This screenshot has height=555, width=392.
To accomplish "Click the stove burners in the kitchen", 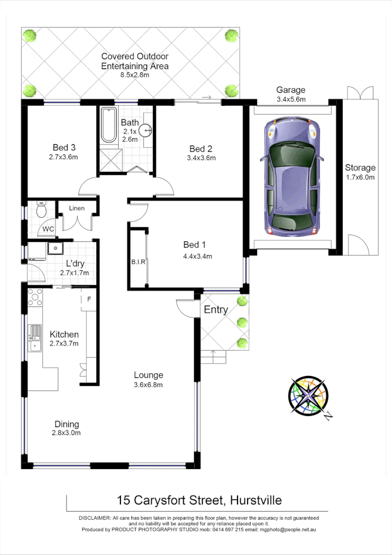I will pyautogui.click(x=35, y=297).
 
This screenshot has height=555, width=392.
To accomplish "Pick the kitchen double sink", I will pyautogui.click(x=35, y=338).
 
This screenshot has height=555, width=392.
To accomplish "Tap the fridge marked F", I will pyautogui.click(x=89, y=300).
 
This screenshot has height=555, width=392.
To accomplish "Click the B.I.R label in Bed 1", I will pyautogui.click(x=138, y=262).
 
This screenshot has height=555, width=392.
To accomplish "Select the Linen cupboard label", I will pyautogui.click(x=76, y=208).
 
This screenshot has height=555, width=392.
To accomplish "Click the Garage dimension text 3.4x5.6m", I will pyautogui.click(x=290, y=99).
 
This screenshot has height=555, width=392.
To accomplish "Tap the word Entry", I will pyautogui.click(x=216, y=309).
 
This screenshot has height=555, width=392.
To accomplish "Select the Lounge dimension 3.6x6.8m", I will pyautogui.click(x=148, y=385).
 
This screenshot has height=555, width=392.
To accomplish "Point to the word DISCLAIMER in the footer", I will pyautogui.click(x=95, y=517).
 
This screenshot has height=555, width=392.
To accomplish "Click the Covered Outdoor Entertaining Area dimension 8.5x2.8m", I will pyautogui.click(x=135, y=75).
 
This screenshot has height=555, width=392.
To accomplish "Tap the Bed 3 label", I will pyautogui.click(x=63, y=147).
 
